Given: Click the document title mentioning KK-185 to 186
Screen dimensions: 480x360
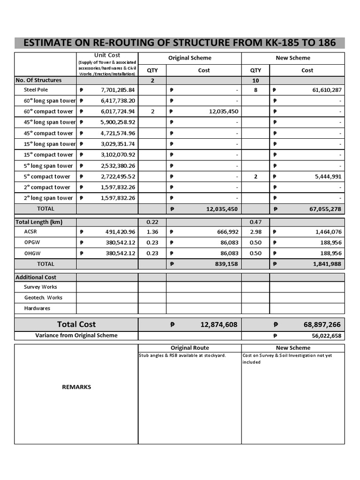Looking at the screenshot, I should click(180, 43).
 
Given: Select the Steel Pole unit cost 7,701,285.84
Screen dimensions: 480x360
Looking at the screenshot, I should click(118, 90).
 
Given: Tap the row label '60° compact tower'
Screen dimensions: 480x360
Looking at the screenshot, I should click(49, 112).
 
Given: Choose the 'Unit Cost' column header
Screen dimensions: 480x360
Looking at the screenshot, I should click(107, 55).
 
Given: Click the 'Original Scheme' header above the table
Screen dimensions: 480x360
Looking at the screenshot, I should click(190, 58).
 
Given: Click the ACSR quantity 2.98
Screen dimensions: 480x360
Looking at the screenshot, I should click(255, 232).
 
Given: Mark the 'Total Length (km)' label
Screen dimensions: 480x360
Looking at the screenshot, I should click(39, 222).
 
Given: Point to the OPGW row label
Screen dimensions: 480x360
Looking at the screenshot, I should click(33, 242).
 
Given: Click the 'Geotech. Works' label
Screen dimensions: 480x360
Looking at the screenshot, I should click(43, 298).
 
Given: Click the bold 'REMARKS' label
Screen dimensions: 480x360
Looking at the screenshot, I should click(76, 387).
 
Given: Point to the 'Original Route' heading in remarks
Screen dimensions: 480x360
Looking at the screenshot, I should click(190, 348).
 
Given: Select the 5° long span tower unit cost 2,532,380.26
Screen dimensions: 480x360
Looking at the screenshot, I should click(118, 166).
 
